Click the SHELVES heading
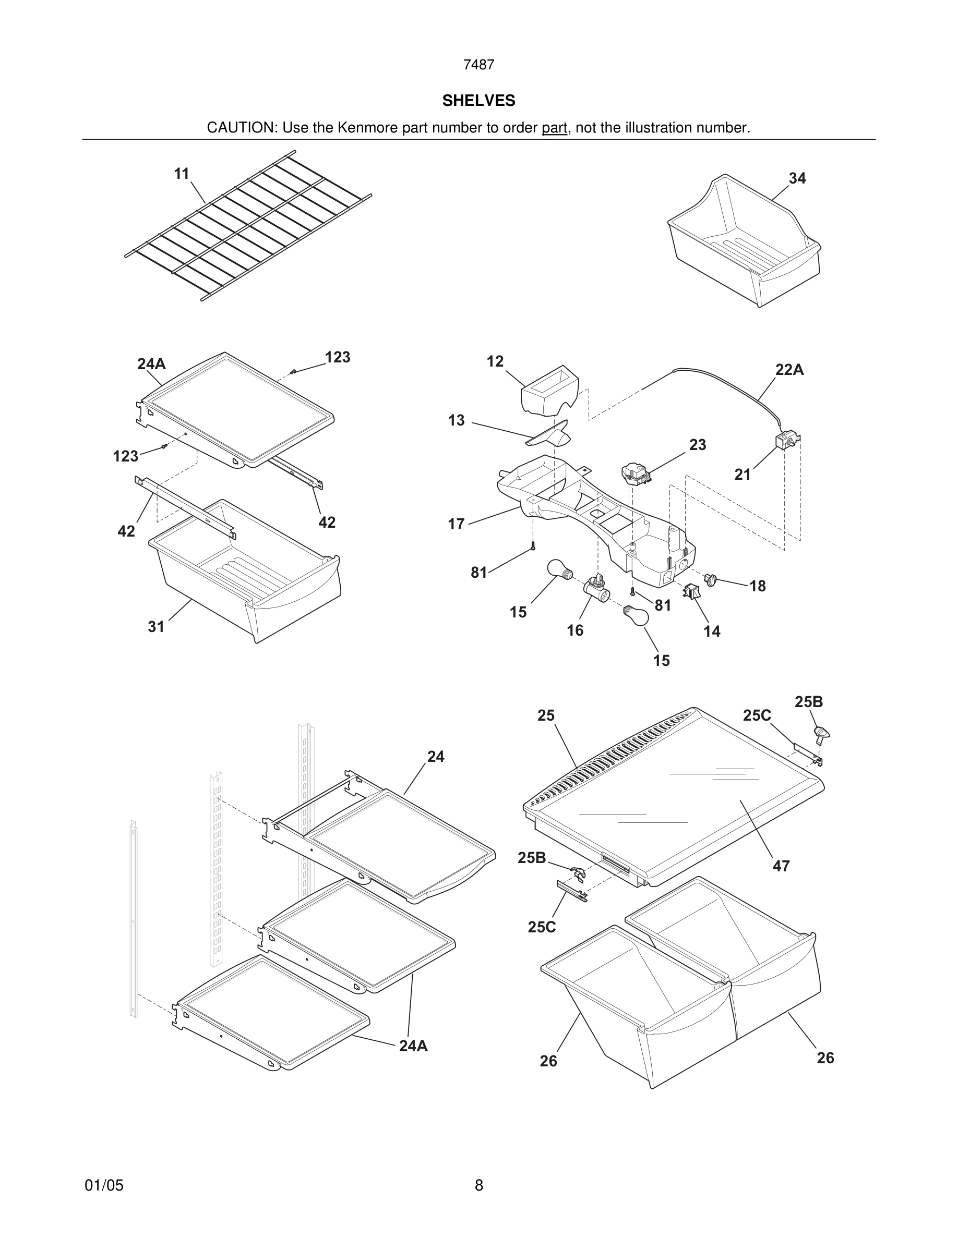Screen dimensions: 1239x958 pos(478,101)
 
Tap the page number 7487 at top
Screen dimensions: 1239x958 pos(478,65)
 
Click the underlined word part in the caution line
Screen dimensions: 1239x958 pos(554,128)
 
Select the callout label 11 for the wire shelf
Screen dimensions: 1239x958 pos(182,174)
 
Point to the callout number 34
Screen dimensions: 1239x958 pos(797,178)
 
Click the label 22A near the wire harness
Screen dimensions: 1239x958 pos(789,370)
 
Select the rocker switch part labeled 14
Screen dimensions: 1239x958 pos(691,592)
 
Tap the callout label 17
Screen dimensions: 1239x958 pos(456,524)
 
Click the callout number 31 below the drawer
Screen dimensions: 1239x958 pos(156,626)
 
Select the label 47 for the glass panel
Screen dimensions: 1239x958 pos(781,866)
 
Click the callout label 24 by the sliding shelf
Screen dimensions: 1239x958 pos(435,756)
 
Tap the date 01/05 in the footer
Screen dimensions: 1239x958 pos(104,1185)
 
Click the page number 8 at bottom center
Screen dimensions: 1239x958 pos(478,1185)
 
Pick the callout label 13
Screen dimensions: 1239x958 pos(456,420)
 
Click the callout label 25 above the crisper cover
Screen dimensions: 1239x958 pos(545,715)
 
